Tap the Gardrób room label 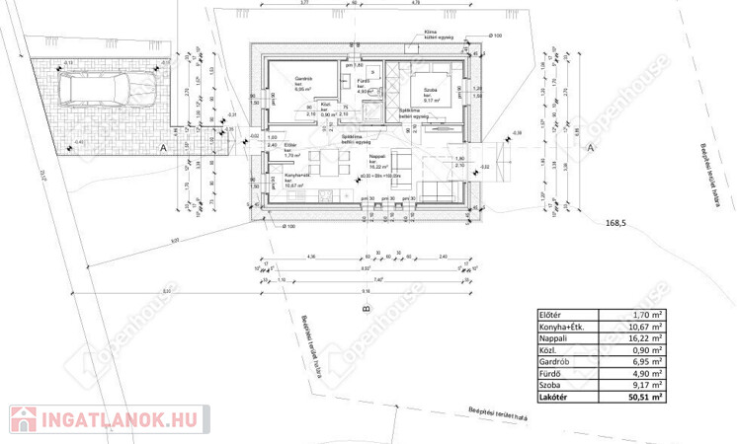304,79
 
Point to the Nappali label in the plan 376,156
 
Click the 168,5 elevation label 616,224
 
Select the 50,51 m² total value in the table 647,399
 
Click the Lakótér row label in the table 554,399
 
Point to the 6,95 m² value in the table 648,362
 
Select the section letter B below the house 365,310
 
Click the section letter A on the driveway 162,147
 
